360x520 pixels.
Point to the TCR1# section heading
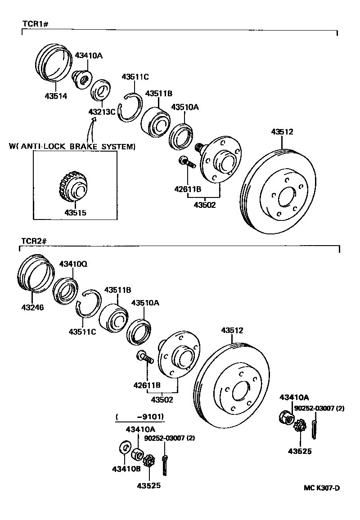[x=35, y=23]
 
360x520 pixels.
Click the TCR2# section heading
[x=34, y=241]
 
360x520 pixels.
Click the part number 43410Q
[x=73, y=264]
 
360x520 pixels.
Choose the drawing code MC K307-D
[x=321, y=488]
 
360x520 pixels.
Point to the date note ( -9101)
[x=139, y=417]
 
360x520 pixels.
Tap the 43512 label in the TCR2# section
[x=232, y=331]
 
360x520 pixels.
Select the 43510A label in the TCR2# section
[x=145, y=303]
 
